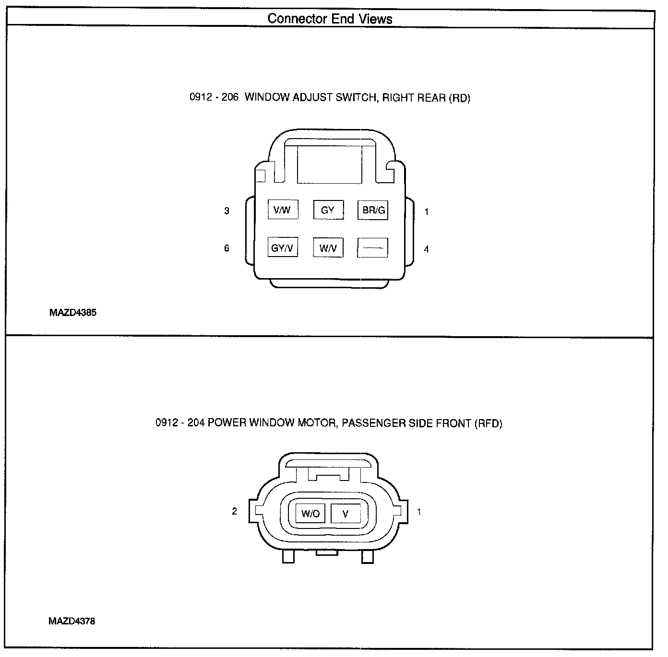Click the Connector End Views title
(330, 19)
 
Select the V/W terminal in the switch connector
(282, 210)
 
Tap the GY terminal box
(328, 210)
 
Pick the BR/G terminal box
(373, 210)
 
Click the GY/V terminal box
(282, 248)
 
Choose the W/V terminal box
(328, 248)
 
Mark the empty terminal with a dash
(373, 248)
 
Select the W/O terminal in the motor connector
(310, 514)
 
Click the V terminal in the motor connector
(346, 514)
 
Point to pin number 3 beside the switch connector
(227, 211)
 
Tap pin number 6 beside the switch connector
(227, 248)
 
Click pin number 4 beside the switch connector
(426, 249)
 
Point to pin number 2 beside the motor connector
(234, 511)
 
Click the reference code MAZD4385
(72, 313)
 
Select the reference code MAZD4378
(72, 621)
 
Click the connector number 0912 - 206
(214, 98)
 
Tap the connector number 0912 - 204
(179, 423)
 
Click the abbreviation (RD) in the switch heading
(459, 98)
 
